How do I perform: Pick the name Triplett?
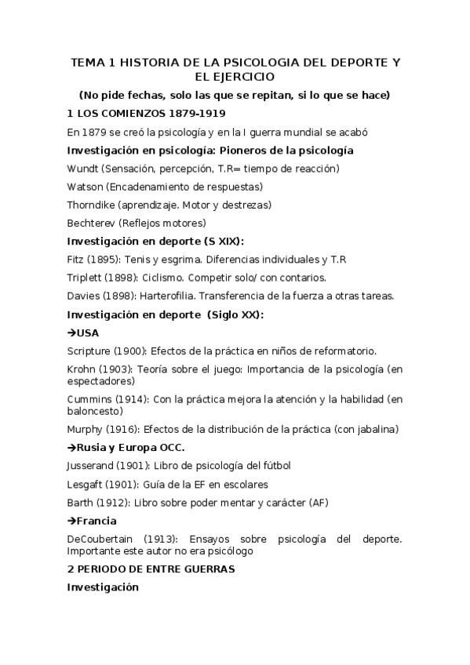click(85, 277)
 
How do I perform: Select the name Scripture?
click(89, 351)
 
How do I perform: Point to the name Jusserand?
click(92, 466)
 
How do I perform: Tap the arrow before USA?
click(71, 332)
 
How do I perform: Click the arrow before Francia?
click(71, 521)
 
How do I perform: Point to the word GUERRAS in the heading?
click(207, 569)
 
